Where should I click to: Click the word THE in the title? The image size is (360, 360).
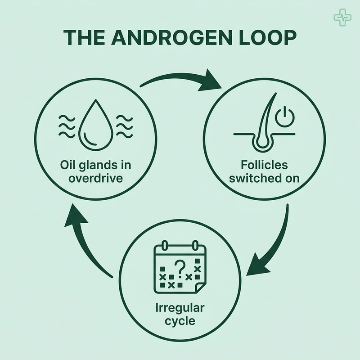coord(84,37)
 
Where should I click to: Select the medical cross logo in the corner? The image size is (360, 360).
coord(342,18)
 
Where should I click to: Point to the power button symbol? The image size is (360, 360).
coord(285,117)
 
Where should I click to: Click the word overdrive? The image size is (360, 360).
coord(95,178)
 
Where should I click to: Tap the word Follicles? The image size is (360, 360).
coord(264,165)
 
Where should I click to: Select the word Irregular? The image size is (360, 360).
coord(180,308)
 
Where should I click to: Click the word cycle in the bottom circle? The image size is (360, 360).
coord(180,321)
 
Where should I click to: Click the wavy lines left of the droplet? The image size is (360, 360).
coord(67,127)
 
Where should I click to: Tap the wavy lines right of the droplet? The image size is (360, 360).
coord(125,127)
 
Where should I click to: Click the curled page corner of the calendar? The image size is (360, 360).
coord(200,288)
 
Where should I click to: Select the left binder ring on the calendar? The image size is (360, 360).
coord(165,245)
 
